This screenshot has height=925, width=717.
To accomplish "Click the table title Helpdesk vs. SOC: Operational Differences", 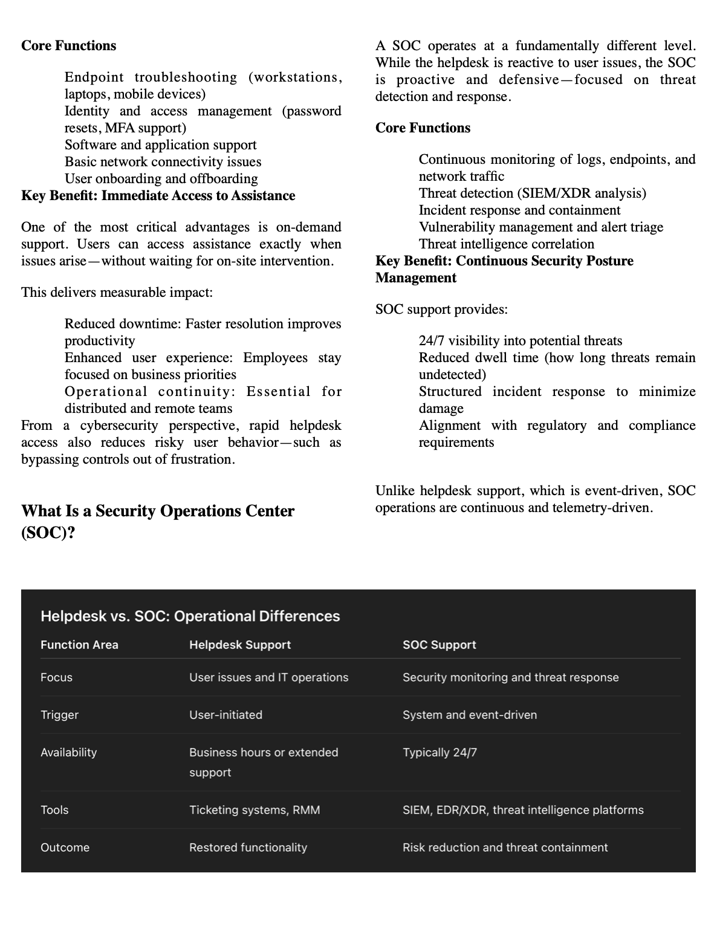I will coord(190,616).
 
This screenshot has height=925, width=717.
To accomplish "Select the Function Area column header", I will coord(79,645).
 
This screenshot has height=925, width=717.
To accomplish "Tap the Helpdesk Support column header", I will coord(240,645).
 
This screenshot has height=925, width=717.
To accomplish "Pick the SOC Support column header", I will coord(439,645).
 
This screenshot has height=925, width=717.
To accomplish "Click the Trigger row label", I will coord(59,715).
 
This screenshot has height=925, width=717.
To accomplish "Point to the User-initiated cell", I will coord(225,715).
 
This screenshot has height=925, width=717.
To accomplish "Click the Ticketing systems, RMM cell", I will coord(255,810).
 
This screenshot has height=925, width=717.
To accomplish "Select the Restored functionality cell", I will coord(248,848).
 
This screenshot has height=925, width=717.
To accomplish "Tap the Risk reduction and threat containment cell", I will coord(505,848).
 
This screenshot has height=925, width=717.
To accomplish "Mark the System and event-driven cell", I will coord(469,715).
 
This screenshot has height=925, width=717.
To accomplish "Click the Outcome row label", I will coord(65,848).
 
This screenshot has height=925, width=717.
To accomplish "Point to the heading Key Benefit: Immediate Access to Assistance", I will coord(158,196).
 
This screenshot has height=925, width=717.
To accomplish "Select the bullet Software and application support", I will coord(160,145).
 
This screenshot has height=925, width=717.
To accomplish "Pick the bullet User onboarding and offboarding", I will coord(161,179).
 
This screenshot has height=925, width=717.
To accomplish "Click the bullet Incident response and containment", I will coord(519,210).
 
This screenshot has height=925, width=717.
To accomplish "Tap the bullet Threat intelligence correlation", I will coord(506,244).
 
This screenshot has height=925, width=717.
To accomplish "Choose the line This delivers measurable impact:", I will coord(117,293).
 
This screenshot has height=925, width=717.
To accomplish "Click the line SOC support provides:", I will coord(441,310).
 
